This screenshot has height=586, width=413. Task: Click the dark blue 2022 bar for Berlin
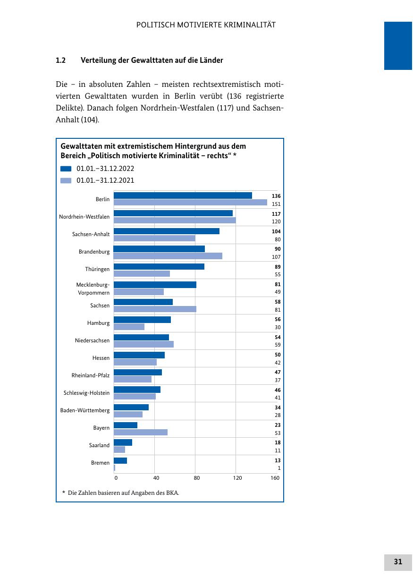183,195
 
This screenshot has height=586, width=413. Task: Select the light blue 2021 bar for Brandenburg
168,256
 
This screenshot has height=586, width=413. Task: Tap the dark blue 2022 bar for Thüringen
159,266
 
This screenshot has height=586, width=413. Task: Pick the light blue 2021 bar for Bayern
141,432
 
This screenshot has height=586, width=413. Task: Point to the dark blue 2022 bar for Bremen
120,460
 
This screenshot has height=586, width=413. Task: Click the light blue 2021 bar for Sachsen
155,309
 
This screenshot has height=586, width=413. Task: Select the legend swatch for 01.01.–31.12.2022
66,169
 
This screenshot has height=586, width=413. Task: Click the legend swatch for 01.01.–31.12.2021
66,180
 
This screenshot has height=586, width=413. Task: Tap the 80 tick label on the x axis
197,478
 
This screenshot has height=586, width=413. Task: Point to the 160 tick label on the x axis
275,478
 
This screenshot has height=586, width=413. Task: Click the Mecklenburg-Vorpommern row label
93,289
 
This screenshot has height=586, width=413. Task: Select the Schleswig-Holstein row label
86,393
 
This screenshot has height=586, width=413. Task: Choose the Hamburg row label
98,323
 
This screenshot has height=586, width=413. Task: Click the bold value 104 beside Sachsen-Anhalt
276,231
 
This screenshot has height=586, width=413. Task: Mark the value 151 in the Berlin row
276,204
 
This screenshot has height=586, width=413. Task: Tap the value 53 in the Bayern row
278,433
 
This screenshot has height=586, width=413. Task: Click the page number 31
398,562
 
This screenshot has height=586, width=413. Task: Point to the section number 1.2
60,60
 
